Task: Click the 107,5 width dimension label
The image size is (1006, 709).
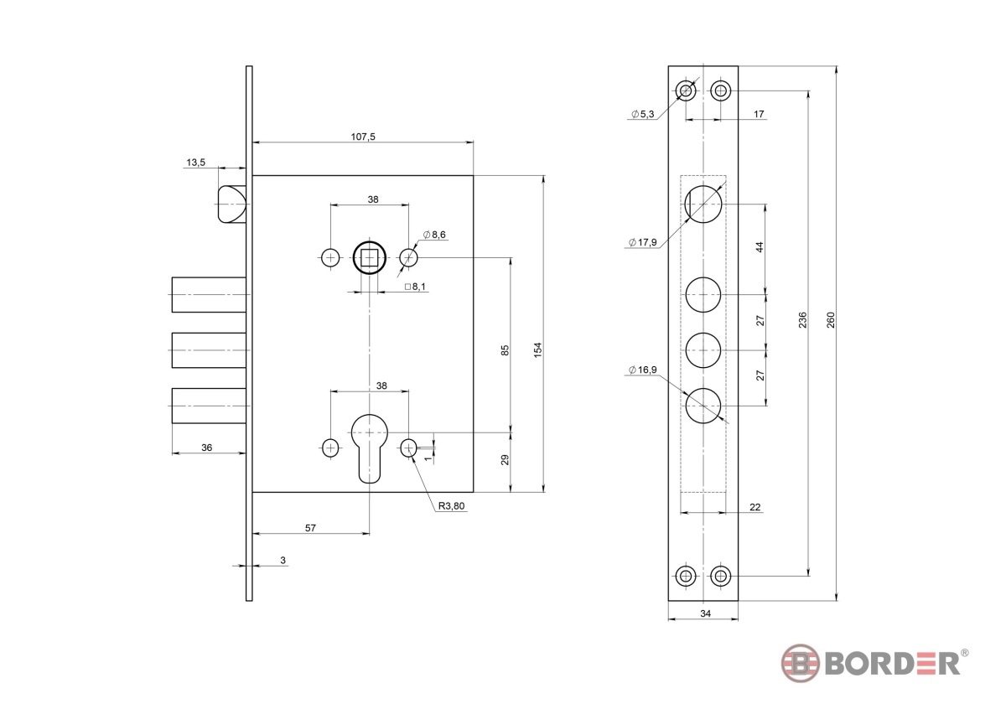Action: click(363, 137)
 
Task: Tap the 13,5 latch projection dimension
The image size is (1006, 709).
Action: click(196, 162)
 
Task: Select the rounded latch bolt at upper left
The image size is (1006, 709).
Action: click(232, 204)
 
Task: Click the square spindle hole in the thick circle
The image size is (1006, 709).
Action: click(369, 258)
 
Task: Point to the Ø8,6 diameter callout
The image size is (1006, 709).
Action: click(434, 235)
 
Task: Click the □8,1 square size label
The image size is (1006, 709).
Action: click(415, 286)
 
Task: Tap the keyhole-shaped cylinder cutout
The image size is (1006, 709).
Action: click(369, 448)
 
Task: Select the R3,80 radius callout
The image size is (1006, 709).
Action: click(451, 505)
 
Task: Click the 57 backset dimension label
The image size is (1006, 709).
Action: click(310, 528)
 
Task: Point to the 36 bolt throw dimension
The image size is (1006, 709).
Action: click(206, 448)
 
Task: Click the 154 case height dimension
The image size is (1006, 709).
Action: click(538, 350)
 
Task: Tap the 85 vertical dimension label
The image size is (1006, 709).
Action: click(506, 350)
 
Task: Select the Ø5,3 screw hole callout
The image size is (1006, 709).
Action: click(643, 114)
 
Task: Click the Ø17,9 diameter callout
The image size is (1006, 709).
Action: click(643, 242)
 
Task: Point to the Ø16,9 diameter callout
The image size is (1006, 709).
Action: click(643, 370)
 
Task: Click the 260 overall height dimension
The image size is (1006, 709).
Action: click(831, 320)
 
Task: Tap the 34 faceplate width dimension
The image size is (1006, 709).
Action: click(706, 613)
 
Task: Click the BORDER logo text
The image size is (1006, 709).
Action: click(892, 664)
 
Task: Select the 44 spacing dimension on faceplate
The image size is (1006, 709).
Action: click(760, 247)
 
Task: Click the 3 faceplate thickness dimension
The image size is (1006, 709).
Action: click(283, 560)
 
